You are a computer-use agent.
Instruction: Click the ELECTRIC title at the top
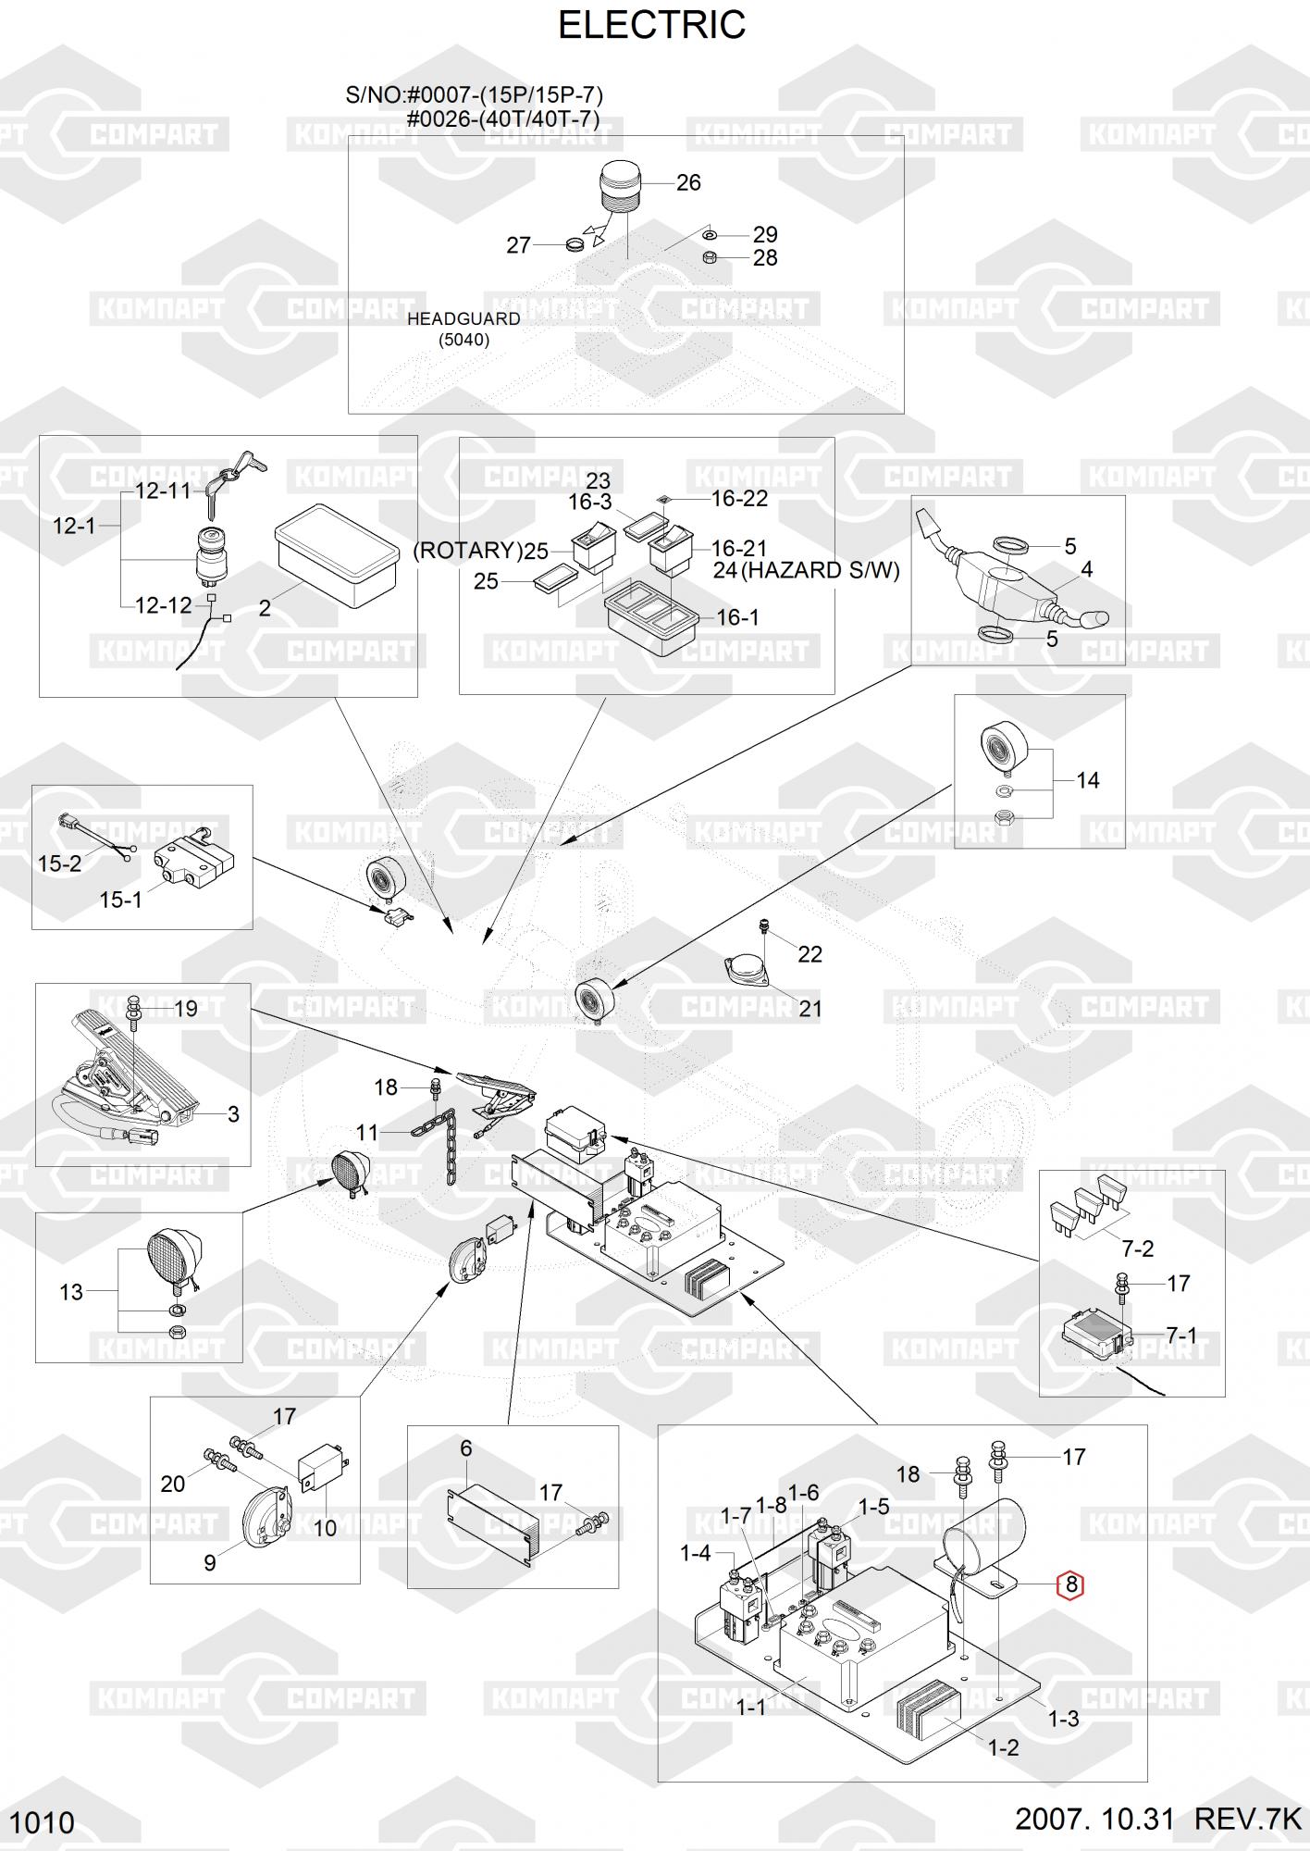[651, 26]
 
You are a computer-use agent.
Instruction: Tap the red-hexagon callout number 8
[1071, 1584]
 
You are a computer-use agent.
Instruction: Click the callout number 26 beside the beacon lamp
[688, 183]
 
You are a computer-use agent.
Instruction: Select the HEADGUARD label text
[463, 319]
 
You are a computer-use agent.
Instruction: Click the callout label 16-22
[739, 499]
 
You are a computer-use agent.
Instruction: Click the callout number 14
[1088, 781]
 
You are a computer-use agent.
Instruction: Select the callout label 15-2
[59, 863]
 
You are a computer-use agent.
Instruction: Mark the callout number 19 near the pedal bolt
[186, 1009]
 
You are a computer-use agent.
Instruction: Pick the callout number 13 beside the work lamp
[71, 1292]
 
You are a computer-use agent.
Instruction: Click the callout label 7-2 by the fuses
[1137, 1248]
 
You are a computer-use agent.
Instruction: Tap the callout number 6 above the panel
[466, 1448]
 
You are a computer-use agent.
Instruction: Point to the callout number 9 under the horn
[210, 1562]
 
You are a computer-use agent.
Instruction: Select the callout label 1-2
[1003, 1747]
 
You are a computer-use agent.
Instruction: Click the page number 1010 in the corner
[43, 1822]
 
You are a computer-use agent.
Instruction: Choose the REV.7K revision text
[1247, 1819]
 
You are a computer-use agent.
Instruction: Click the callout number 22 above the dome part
[809, 954]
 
